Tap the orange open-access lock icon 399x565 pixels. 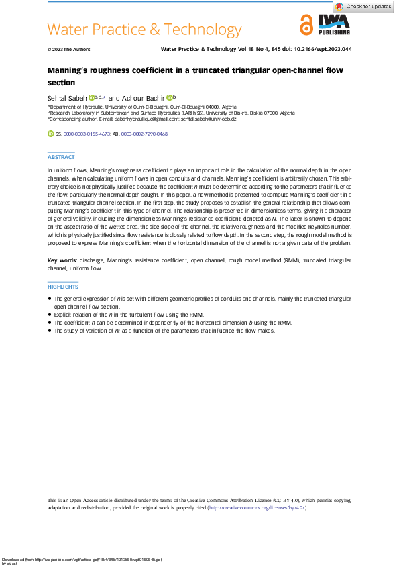(306, 25)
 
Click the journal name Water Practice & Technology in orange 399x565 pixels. (144, 30)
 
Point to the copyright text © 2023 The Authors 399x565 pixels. (68, 50)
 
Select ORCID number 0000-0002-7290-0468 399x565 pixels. (144, 134)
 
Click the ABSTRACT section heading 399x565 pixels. (61, 157)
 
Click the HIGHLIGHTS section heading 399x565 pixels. (63, 287)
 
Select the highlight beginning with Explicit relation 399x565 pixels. (127, 314)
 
